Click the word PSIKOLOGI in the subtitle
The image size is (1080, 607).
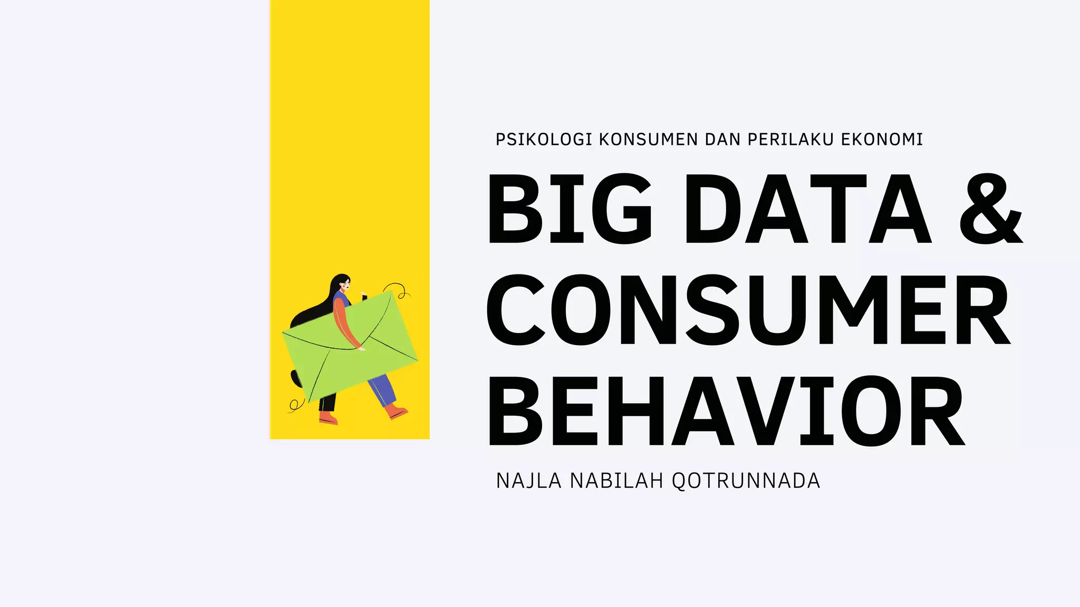pyautogui.click(x=544, y=140)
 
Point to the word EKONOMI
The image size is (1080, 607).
pyautogui.click(x=882, y=140)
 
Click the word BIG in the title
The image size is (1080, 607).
pyautogui.click(x=570, y=209)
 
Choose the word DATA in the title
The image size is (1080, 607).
pyautogui.click(x=807, y=209)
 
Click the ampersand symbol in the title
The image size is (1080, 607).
pyautogui.click(x=990, y=209)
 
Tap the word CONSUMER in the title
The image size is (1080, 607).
pyautogui.click(x=748, y=310)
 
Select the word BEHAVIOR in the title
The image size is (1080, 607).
pyautogui.click(x=727, y=411)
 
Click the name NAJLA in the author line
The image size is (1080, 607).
pyautogui.click(x=528, y=481)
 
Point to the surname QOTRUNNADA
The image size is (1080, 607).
pyautogui.click(x=746, y=481)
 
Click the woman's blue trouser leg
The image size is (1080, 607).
pyautogui.click(x=383, y=390)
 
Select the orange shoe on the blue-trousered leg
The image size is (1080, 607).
pyautogui.click(x=396, y=412)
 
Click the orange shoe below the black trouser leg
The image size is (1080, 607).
pyautogui.click(x=328, y=418)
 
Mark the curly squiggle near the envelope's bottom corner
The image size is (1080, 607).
pyautogui.click(x=295, y=405)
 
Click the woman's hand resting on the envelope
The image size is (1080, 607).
pyautogui.click(x=361, y=348)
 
